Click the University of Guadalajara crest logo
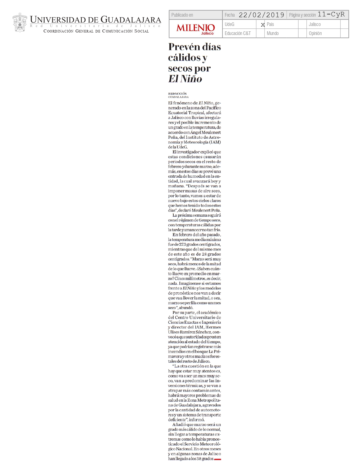[x=19, y=23]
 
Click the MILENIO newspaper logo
[x=196, y=28]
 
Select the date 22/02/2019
[x=261, y=15]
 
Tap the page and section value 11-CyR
[x=331, y=14]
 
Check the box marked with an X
[x=263, y=25]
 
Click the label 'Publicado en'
[x=182, y=15]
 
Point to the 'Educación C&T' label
[x=237, y=33]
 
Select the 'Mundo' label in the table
[x=272, y=33]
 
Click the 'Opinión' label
[x=315, y=33]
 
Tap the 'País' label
[x=270, y=24]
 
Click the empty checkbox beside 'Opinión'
[x=344, y=33]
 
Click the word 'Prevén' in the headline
[x=184, y=47]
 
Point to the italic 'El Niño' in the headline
[x=185, y=79]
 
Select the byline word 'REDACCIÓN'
[x=177, y=93]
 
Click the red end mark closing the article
[x=217, y=459]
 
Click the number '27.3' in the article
[x=182, y=245]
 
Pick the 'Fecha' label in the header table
[x=230, y=15]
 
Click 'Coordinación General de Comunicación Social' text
[x=96, y=31]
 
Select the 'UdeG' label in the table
[x=229, y=24]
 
